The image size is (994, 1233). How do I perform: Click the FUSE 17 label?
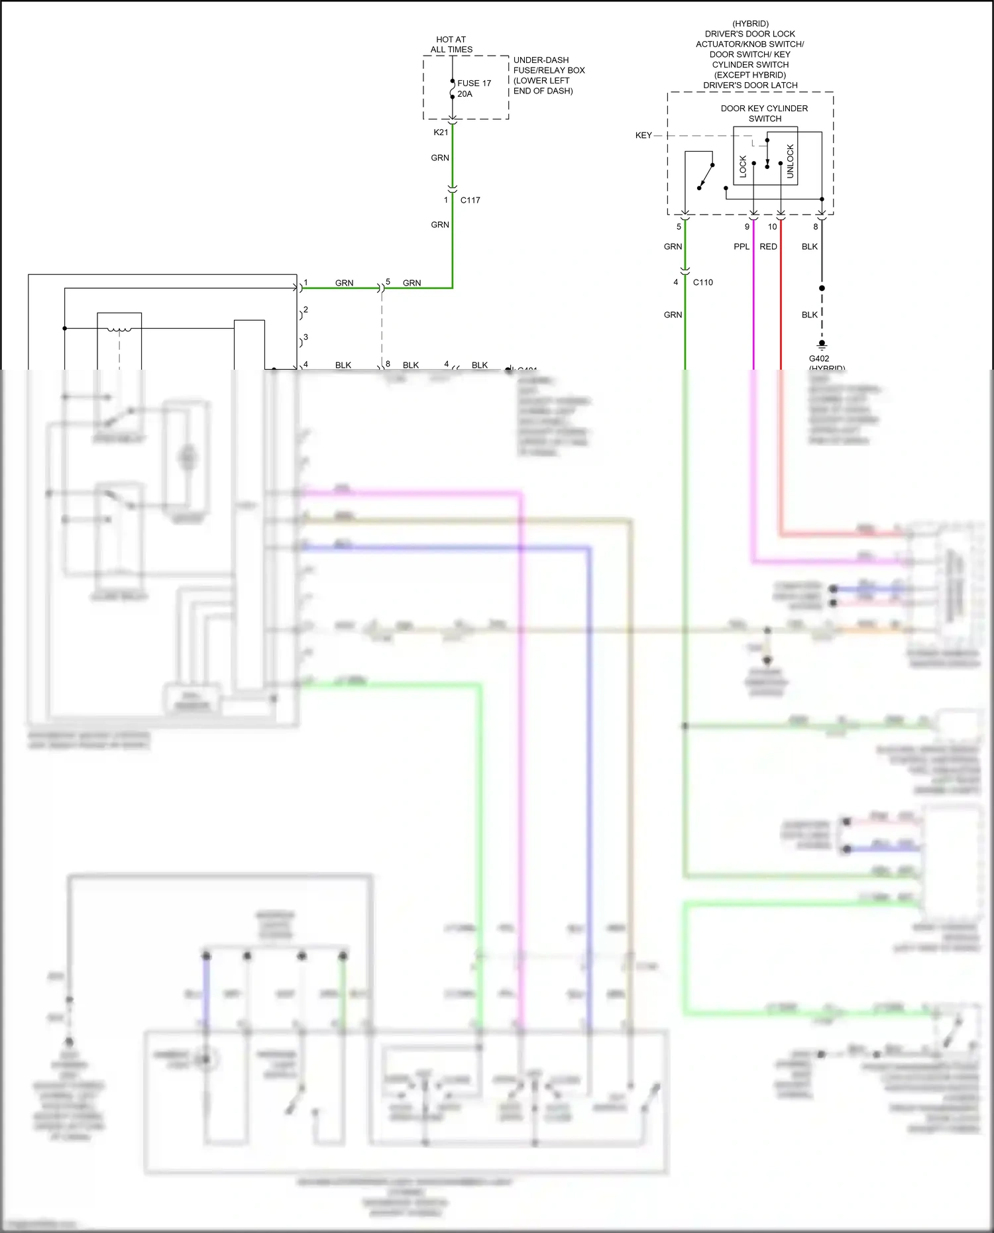pos(474,83)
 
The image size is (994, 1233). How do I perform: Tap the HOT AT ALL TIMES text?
pos(451,44)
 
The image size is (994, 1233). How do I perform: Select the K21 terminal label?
pos(441,133)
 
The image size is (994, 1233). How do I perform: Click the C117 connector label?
pos(470,200)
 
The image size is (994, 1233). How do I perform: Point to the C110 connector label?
pos(702,282)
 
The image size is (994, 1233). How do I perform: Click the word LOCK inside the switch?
pos(743,166)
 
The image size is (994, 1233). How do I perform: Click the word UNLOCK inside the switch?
pos(790,162)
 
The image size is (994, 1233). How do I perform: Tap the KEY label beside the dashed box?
pos(643,135)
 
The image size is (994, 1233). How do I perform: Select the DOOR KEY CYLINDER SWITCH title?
pos(764,113)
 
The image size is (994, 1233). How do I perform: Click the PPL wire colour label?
pos(741,246)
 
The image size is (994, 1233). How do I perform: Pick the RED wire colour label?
pos(768,246)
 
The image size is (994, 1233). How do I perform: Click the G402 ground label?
pos(818,358)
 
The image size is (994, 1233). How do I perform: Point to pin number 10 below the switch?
pos(772,227)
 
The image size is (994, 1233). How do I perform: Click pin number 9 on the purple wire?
pos(747,227)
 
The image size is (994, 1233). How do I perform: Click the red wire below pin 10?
pos(781,298)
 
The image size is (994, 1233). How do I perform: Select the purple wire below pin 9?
pos(753,298)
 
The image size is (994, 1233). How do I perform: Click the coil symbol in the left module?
pos(119,329)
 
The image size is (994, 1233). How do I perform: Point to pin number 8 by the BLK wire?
pos(815,227)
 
